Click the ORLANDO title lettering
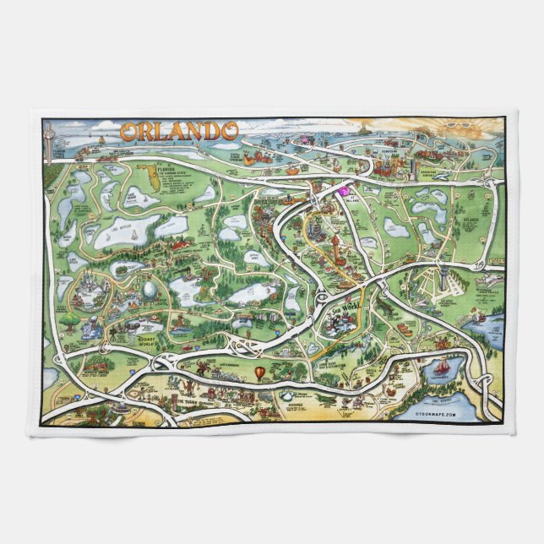178,131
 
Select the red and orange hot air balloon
261,373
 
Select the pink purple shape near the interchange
344,191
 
